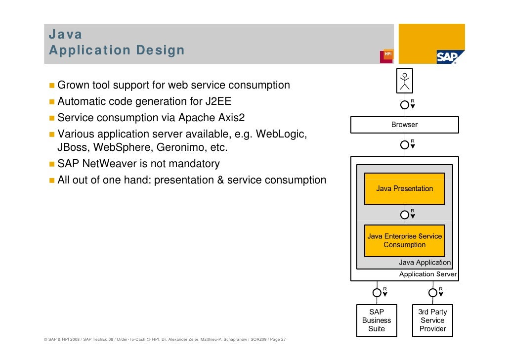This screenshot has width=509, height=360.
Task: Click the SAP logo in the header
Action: coord(450,57)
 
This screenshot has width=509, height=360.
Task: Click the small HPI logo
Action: coord(386,56)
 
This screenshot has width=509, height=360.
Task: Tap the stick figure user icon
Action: coord(405,81)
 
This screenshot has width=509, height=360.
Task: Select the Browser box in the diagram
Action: coord(404,125)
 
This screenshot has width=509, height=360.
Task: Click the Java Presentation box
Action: coord(404,188)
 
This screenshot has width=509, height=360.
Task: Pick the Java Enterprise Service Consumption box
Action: coord(404,241)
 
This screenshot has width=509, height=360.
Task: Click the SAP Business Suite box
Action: coord(377,320)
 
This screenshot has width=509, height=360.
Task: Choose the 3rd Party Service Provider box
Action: coord(432,320)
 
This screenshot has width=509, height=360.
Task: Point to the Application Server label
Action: coord(428,274)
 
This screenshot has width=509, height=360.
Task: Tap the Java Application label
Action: coord(425,263)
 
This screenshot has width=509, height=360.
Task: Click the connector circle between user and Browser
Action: coord(404,104)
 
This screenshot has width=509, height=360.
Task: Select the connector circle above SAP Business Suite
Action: coord(377,292)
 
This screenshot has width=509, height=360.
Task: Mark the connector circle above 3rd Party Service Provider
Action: coord(432,292)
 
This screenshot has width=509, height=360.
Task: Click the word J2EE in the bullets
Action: coord(217,102)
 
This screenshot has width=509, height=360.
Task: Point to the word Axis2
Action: coord(231,118)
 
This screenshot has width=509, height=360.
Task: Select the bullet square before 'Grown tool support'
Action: coord(52,86)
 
